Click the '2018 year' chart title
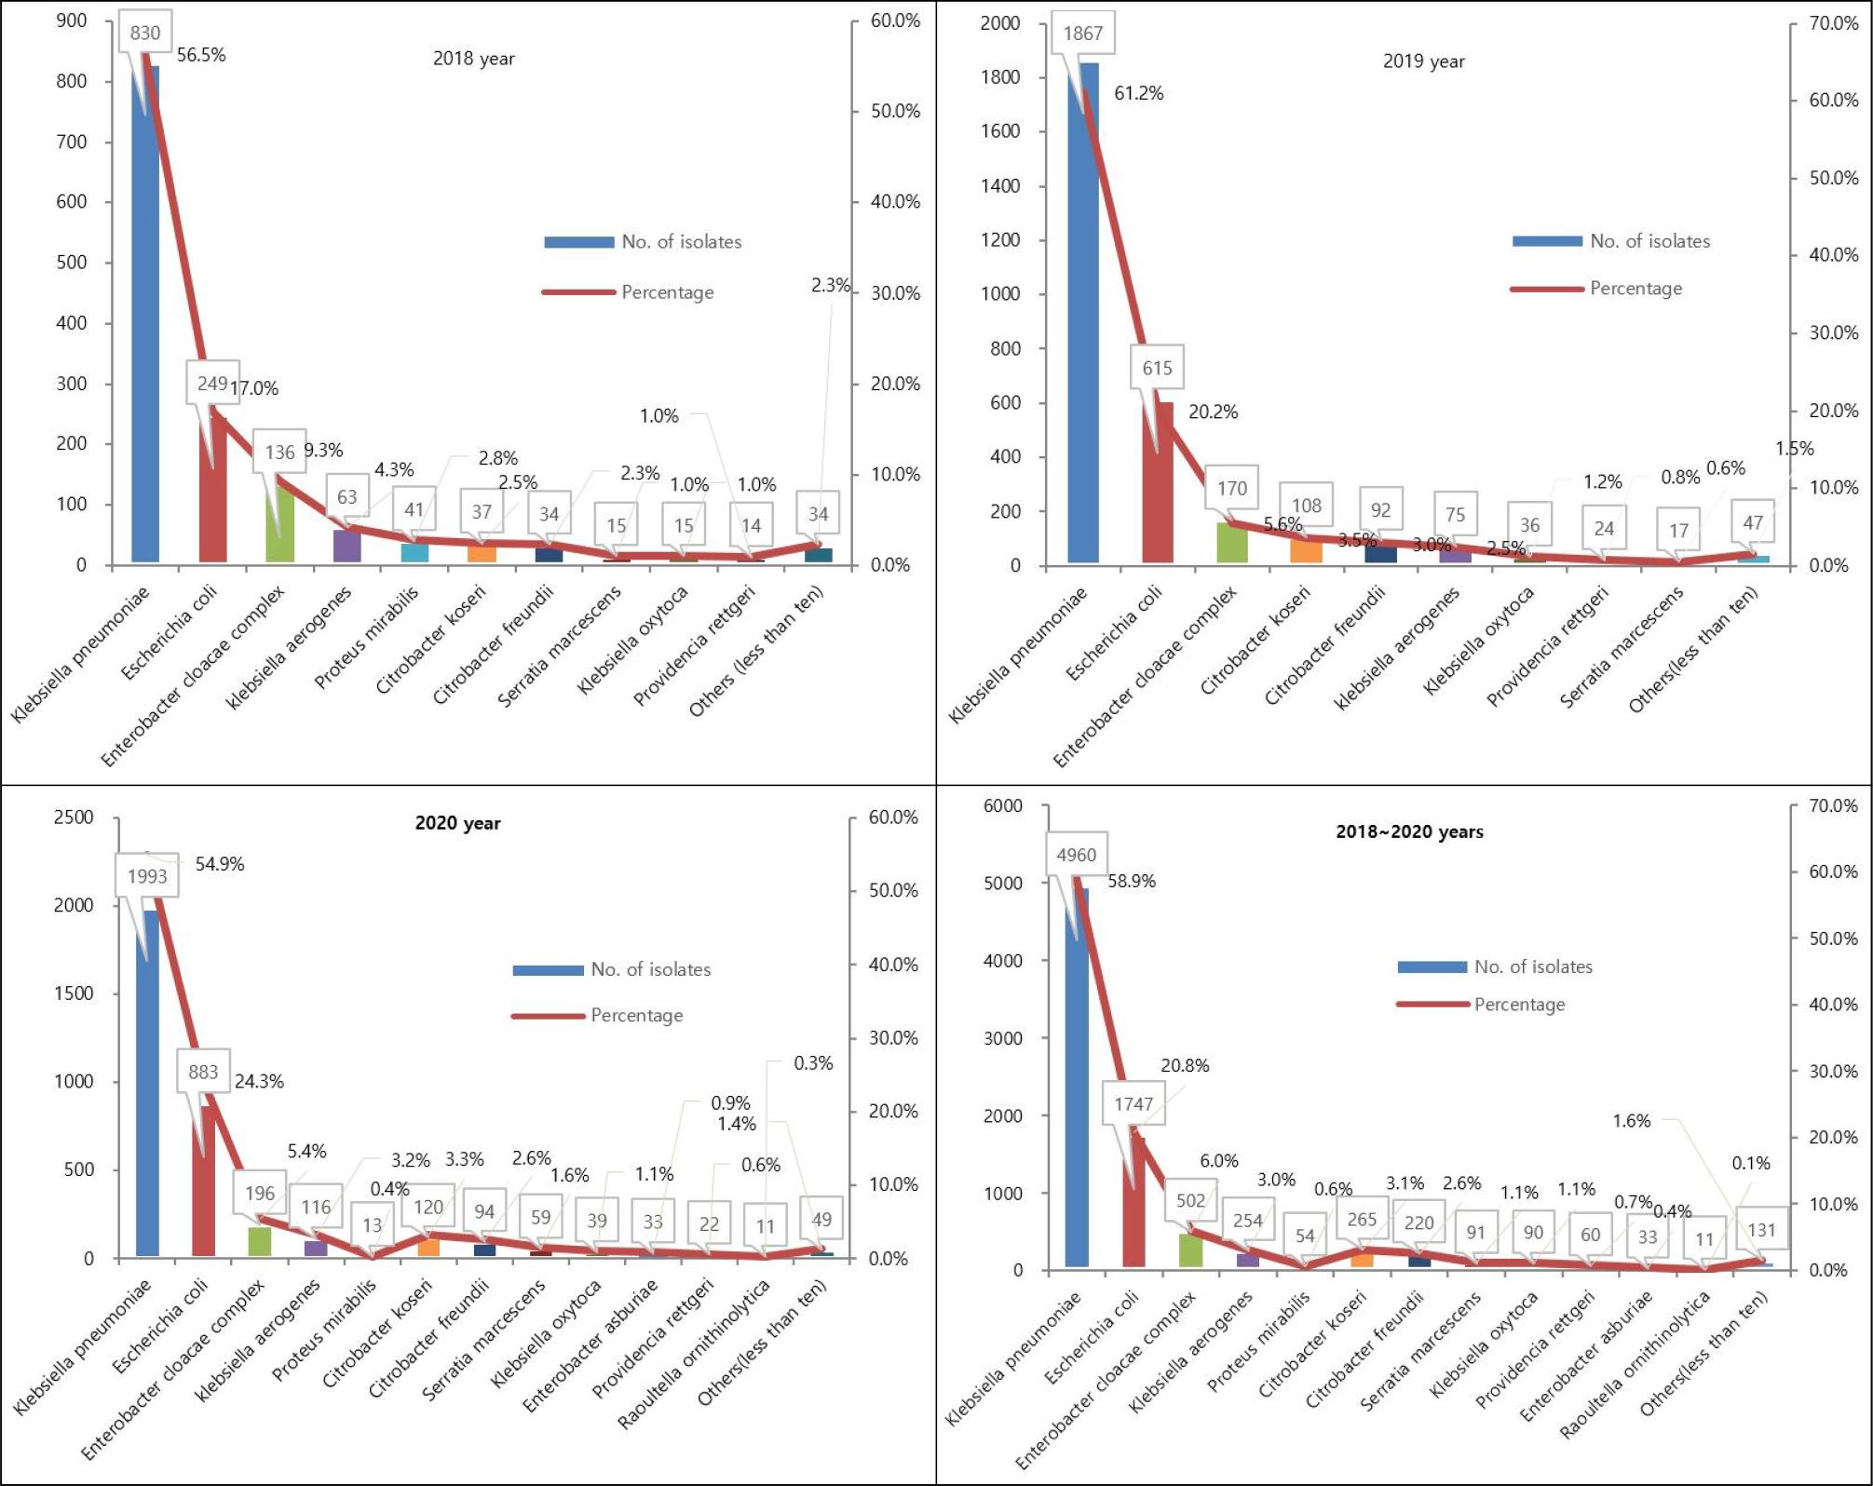(473, 59)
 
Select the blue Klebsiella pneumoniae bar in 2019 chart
(1083, 326)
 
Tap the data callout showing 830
(144, 33)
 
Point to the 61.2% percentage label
(1138, 93)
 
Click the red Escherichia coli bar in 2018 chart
(212, 493)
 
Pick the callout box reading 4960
(1076, 855)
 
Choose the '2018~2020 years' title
(1409, 831)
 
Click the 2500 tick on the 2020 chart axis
(74, 817)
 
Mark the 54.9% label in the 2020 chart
(220, 864)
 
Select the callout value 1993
(147, 876)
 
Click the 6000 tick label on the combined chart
(1002, 805)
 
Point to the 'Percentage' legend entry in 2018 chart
(667, 292)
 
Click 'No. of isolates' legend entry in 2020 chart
(650, 969)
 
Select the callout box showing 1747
(1133, 1103)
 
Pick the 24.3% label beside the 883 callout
(259, 1081)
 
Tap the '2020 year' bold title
(457, 823)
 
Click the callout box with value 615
(1157, 368)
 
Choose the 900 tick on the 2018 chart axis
(71, 20)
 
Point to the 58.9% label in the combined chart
(1131, 881)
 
